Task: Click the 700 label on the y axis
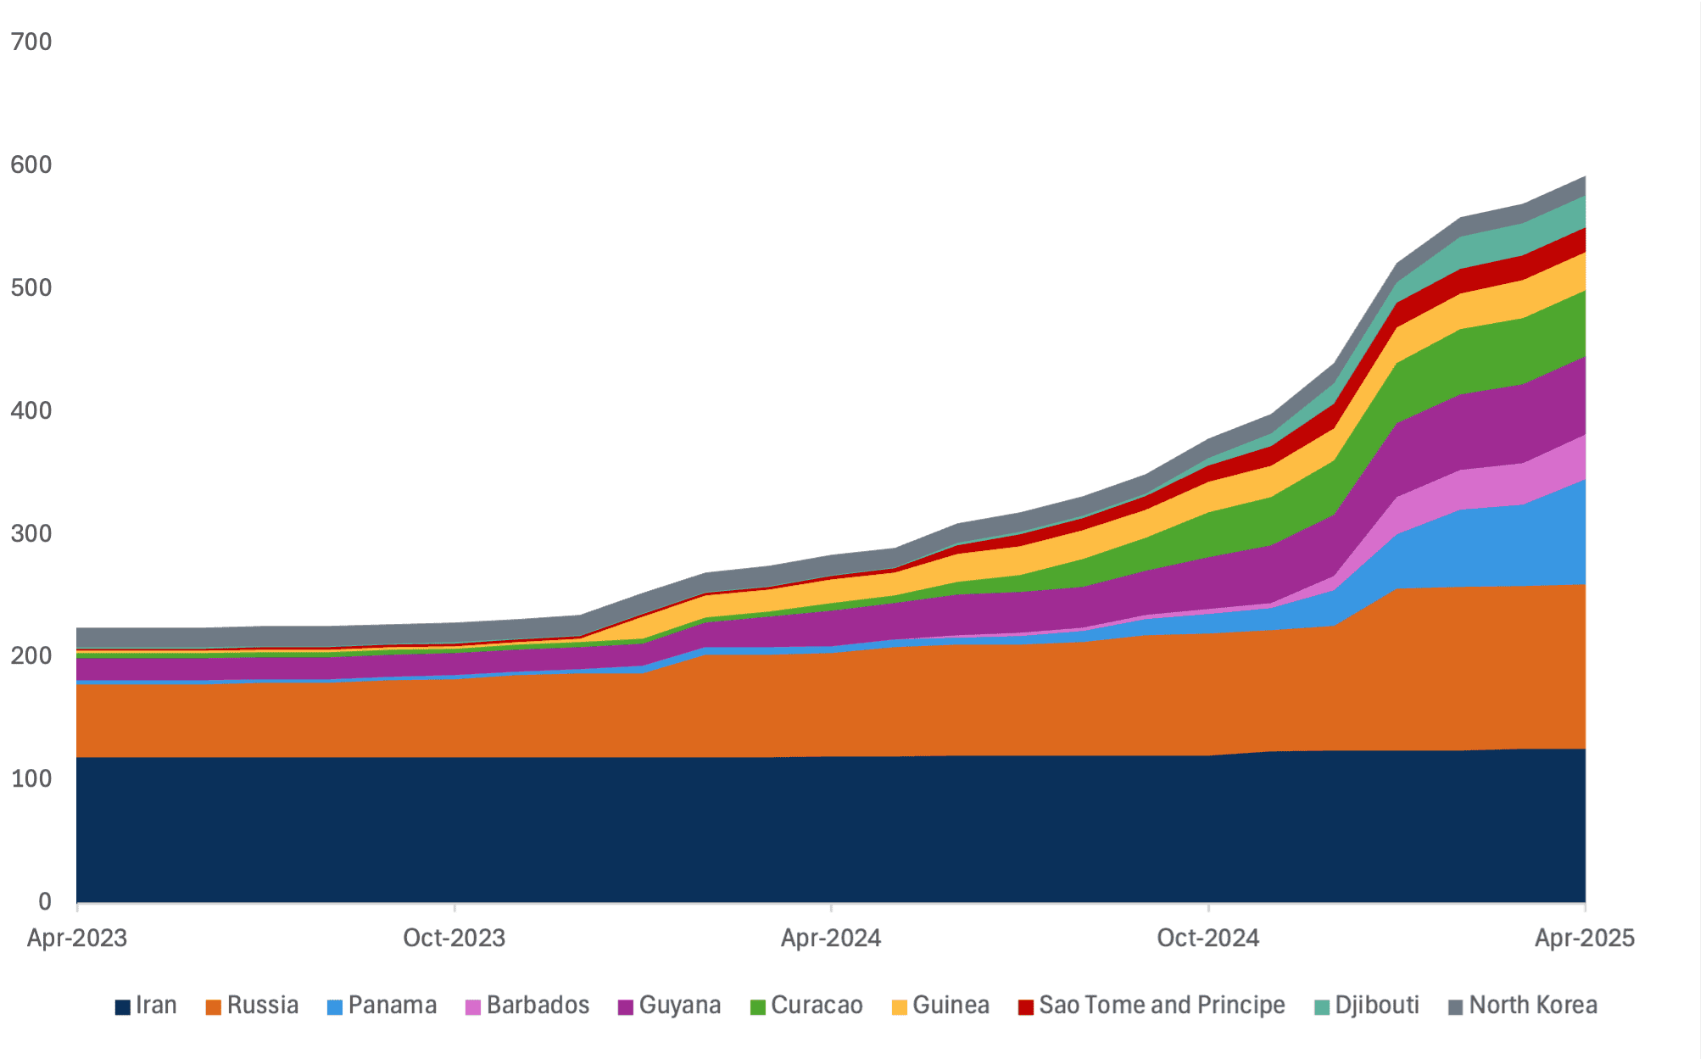click(x=31, y=42)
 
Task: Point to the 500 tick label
click(x=31, y=287)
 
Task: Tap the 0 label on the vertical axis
click(x=44, y=901)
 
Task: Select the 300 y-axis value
click(x=31, y=533)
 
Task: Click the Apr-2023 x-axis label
click(x=77, y=938)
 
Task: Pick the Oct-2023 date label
click(x=454, y=938)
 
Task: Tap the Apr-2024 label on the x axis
click(x=831, y=938)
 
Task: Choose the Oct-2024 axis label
click(x=1208, y=938)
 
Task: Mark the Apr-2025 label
click(x=1584, y=938)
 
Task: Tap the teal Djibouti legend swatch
click(x=1322, y=1007)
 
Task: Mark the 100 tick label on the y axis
click(x=31, y=778)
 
